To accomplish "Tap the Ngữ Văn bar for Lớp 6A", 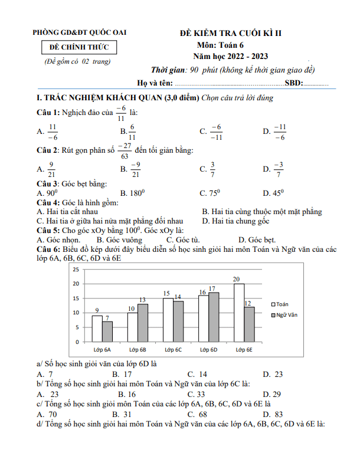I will (107, 332).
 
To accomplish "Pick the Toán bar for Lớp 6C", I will (168, 320).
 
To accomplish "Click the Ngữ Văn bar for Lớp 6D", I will (213, 317).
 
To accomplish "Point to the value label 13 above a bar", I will (142, 300).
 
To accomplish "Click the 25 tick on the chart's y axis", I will (75, 269).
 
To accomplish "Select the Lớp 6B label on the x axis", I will (137, 350).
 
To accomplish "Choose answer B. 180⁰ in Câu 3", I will (132, 193).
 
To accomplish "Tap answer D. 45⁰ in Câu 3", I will (273, 193).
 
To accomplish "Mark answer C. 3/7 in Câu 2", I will (208, 170).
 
